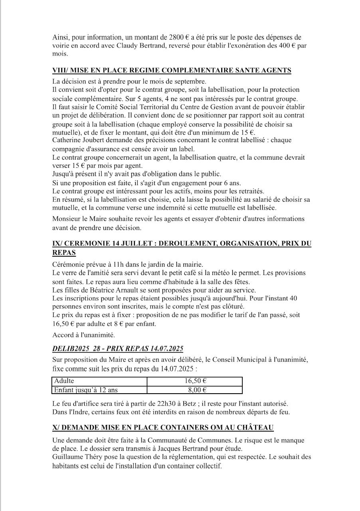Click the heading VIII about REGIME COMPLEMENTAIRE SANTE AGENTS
point(172,71)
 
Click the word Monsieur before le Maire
point(67,219)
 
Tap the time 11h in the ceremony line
point(109,265)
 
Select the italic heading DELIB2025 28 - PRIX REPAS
point(118,349)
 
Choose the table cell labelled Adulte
point(63,381)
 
